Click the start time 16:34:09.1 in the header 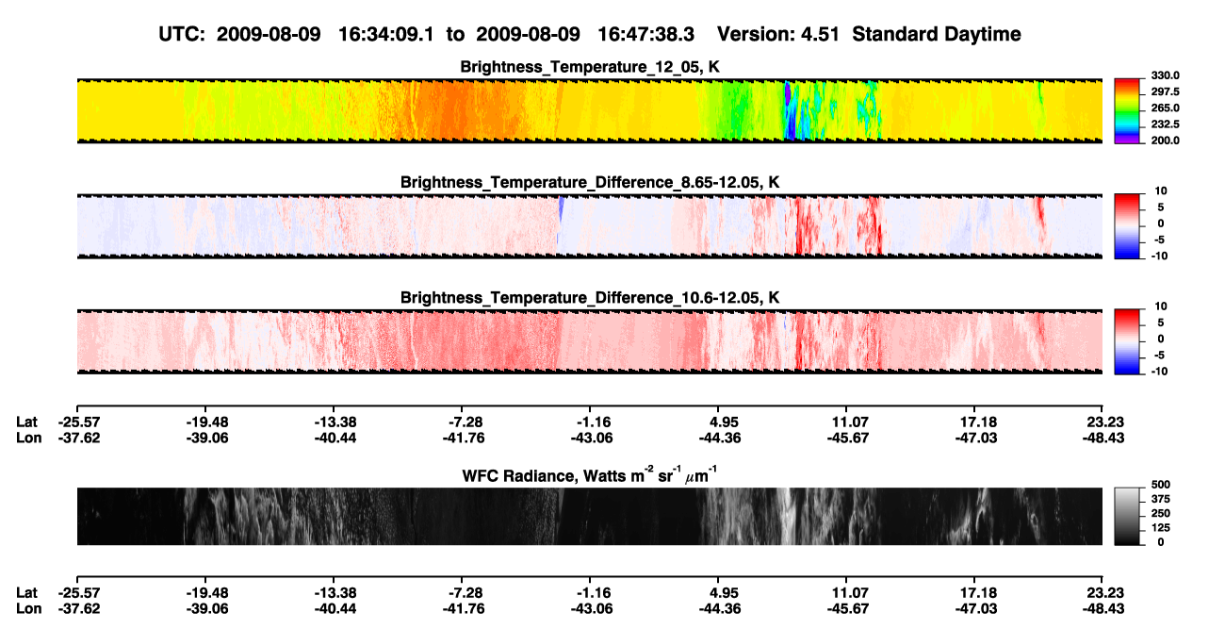(x=386, y=34)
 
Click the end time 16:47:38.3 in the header (x=645, y=34)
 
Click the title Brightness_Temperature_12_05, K (x=590, y=67)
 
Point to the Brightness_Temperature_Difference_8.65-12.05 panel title (x=590, y=182)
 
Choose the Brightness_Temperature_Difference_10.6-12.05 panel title (x=590, y=298)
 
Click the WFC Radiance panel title (x=590, y=474)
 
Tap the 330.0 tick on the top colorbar (x=1165, y=75)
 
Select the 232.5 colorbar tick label (x=1165, y=124)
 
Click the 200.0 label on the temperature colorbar (x=1165, y=141)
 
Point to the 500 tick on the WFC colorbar (x=1160, y=485)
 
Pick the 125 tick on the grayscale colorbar (x=1160, y=528)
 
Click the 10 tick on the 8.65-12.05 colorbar (x=1161, y=191)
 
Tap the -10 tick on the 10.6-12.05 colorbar (x=1158, y=372)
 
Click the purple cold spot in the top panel (x=788, y=93)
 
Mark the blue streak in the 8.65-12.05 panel (x=561, y=210)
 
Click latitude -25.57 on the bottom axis (x=79, y=593)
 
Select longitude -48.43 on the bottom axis (x=1103, y=609)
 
